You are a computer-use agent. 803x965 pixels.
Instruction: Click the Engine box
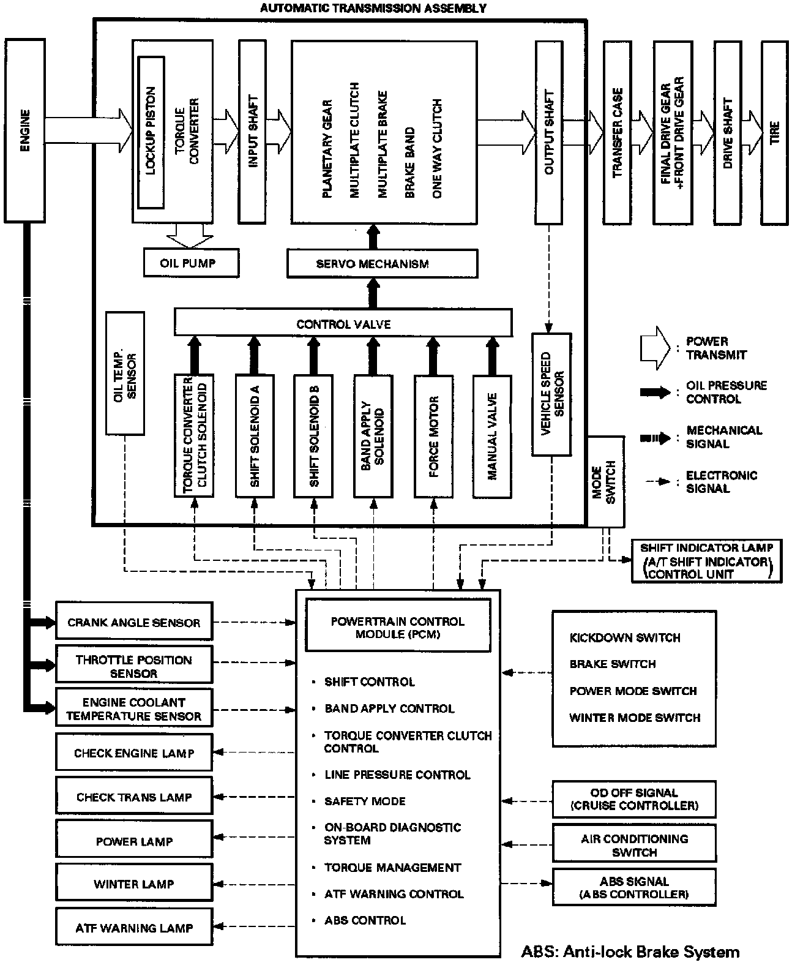(25, 130)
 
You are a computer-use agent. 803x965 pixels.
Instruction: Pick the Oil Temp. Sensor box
(125, 374)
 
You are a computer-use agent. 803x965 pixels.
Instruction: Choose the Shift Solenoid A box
(255, 435)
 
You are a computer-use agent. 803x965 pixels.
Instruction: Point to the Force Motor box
(434, 435)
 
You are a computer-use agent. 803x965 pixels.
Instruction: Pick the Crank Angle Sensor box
(134, 623)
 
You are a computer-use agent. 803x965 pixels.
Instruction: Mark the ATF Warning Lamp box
(134, 928)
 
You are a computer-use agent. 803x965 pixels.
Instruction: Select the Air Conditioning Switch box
(634, 845)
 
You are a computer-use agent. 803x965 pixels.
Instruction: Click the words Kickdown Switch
(624, 637)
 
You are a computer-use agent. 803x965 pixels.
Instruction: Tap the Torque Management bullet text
(392, 867)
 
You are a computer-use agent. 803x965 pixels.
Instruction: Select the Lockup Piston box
(151, 132)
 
